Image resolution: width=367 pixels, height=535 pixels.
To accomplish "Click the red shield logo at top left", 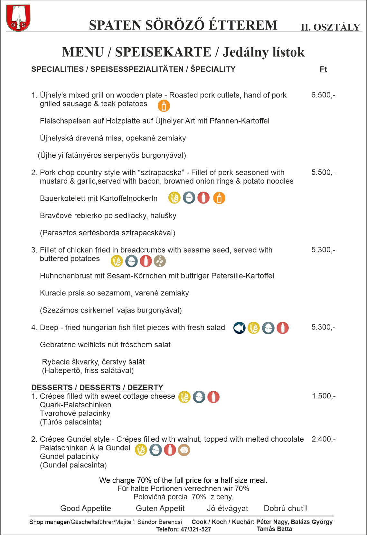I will [18, 18].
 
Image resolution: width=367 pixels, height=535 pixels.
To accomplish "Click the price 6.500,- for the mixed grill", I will [323, 95].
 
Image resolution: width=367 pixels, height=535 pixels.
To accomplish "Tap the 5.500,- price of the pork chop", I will [323, 172].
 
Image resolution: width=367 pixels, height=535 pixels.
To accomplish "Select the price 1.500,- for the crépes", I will [324, 396].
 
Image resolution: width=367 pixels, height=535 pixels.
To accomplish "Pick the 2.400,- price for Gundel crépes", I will [324, 439].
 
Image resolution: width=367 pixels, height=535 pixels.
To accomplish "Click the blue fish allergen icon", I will [239, 328].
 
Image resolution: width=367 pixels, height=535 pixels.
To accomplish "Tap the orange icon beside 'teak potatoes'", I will [164, 105].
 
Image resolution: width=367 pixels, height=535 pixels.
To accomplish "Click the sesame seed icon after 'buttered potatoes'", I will [160, 261].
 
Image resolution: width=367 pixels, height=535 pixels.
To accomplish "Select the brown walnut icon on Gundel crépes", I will [184, 450].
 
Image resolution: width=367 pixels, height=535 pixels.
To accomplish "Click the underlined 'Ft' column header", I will [323, 69].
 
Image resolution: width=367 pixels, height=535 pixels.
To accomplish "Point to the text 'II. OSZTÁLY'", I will [330, 27].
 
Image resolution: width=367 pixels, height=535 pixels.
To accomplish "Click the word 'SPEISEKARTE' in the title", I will [163, 52].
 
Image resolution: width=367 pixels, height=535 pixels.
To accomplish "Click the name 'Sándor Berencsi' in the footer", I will [159, 522].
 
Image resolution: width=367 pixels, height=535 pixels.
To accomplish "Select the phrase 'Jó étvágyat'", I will [227, 508].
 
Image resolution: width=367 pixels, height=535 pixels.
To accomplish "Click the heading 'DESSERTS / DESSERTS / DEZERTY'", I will [97, 387].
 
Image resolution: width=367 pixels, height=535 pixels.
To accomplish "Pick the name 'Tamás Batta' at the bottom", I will [274, 529].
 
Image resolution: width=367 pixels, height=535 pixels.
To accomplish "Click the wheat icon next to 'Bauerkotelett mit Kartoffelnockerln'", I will [174, 198].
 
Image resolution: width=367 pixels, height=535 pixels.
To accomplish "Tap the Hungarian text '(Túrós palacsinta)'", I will [71, 422].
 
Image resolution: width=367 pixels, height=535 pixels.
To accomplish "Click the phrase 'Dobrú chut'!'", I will [285, 508].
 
